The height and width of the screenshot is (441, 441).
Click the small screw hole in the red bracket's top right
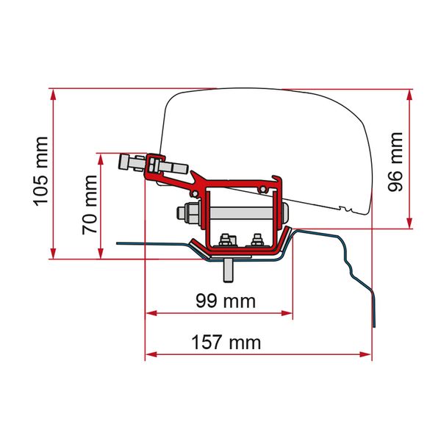pos(262,190)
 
